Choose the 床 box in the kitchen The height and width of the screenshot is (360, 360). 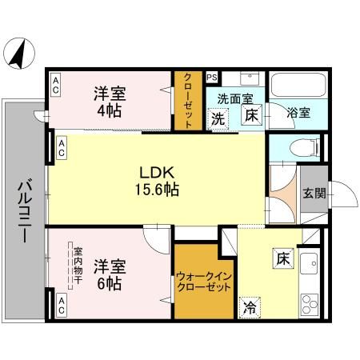click(282, 258)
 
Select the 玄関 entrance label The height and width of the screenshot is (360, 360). click(314, 192)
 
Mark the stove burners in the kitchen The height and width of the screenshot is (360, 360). click(309, 305)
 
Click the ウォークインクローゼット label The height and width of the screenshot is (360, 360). click(203, 282)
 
